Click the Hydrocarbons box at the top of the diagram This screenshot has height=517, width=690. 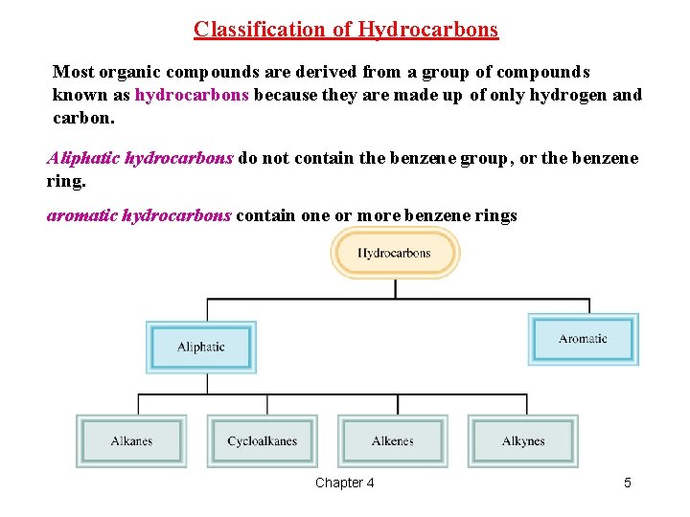click(394, 254)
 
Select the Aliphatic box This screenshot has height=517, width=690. click(201, 347)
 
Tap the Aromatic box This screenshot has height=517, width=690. click(583, 339)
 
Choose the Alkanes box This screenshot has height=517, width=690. click(131, 441)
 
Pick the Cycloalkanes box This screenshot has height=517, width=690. click(263, 441)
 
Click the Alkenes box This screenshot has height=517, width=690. click(392, 441)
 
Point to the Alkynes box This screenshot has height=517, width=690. click(523, 441)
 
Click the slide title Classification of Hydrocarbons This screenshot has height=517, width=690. click(346, 30)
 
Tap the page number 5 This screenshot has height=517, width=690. click(628, 483)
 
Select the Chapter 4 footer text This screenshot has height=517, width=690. click(345, 483)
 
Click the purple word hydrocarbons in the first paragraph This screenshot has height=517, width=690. click(192, 95)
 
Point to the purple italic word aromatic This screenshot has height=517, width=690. click(82, 215)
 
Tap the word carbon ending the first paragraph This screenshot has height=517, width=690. click(81, 119)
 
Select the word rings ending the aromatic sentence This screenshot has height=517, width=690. click(494, 215)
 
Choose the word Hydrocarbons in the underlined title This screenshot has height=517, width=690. click(428, 30)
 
